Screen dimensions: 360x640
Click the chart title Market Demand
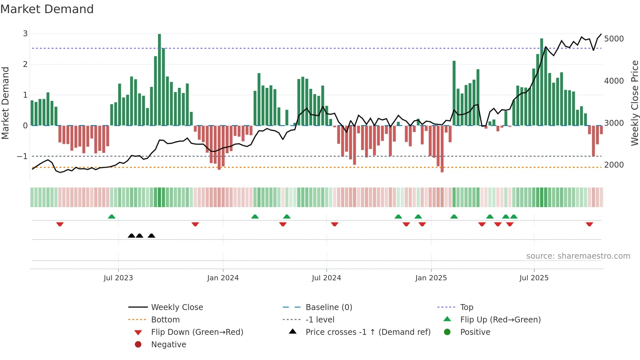[47, 9]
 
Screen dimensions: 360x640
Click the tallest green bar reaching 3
[159, 78]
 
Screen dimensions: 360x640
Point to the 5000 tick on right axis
[614, 39]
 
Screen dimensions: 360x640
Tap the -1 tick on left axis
[22, 156]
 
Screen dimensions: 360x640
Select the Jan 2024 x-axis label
[223, 278]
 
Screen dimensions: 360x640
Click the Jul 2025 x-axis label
[534, 278]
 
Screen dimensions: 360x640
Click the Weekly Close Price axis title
[634, 103]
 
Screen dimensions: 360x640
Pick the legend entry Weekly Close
[177, 307]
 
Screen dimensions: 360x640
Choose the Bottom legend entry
[165, 320]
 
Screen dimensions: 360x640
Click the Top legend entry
[466, 307]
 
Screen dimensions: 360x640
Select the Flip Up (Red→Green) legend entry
[500, 320]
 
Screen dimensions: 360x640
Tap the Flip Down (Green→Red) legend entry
[197, 332]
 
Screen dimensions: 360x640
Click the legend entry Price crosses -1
[368, 332]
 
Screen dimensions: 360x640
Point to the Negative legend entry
[168, 345]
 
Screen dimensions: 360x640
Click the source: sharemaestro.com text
[578, 256]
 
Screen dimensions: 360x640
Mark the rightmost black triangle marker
[151, 236]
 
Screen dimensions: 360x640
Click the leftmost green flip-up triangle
[112, 217]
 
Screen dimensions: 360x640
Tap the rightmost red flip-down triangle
[589, 224]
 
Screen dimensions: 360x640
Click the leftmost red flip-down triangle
[60, 224]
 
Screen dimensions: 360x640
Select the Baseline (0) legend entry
[328, 307]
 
